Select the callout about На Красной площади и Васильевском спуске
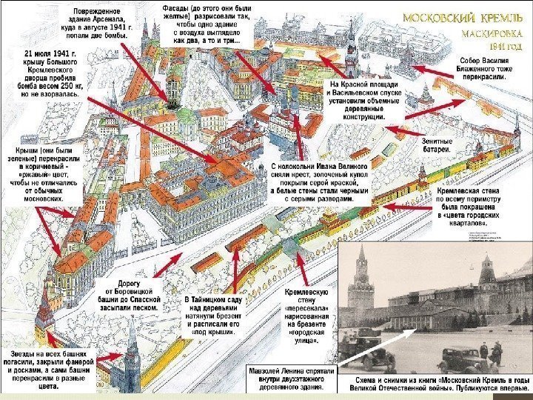(363, 101)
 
